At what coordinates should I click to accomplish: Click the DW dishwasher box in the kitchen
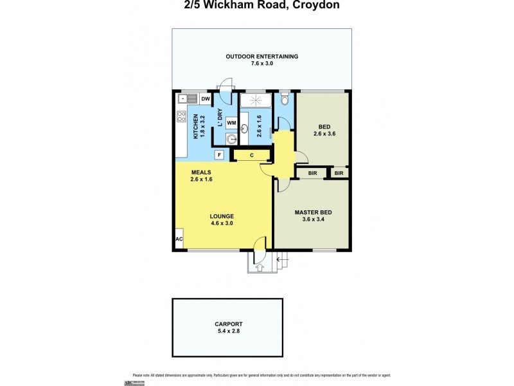click(x=206, y=99)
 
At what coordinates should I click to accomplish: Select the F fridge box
click(x=219, y=155)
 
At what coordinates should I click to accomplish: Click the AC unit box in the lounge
click(x=179, y=239)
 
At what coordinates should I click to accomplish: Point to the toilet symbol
click(x=285, y=100)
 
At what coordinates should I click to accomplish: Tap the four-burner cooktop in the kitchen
click(x=181, y=118)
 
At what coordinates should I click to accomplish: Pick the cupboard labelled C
click(x=252, y=155)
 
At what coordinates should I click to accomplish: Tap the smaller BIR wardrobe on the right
click(x=339, y=173)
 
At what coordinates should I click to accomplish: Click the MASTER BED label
click(x=312, y=212)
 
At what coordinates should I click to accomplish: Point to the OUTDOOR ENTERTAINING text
click(x=261, y=57)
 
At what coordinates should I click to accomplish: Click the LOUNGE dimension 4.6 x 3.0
click(x=221, y=223)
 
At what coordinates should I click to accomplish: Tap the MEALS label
click(x=202, y=172)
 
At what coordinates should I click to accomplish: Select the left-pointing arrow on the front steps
click(x=279, y=260)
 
